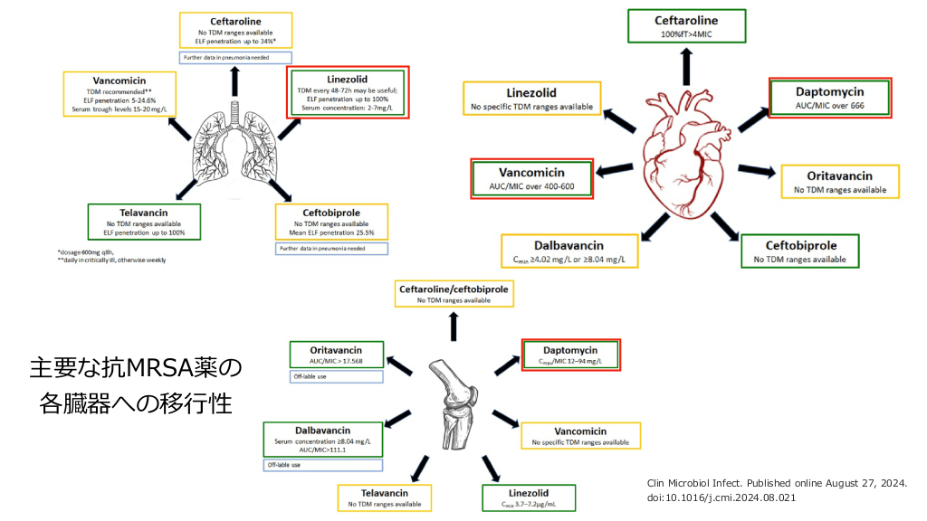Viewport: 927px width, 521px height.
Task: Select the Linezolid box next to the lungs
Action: tap(348, 92)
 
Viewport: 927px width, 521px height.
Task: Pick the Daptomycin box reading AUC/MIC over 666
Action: tap(829, 98)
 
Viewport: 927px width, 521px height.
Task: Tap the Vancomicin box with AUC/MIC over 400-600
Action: tap(531, 178)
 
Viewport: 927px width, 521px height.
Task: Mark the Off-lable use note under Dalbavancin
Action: tap(322, 465)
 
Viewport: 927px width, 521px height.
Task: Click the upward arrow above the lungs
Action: tap(236, 81)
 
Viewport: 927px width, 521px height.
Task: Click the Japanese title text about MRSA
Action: tap(136, 384)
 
